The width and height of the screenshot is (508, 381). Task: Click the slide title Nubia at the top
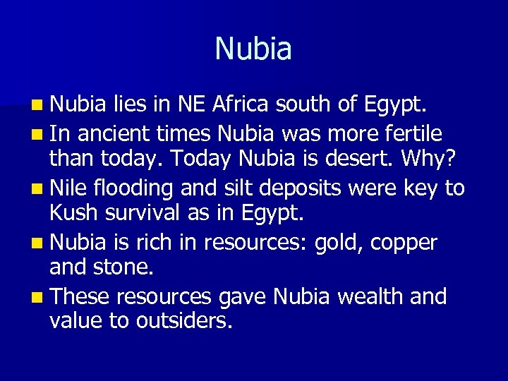[253, 49]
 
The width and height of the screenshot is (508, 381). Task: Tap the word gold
[336, 243]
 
